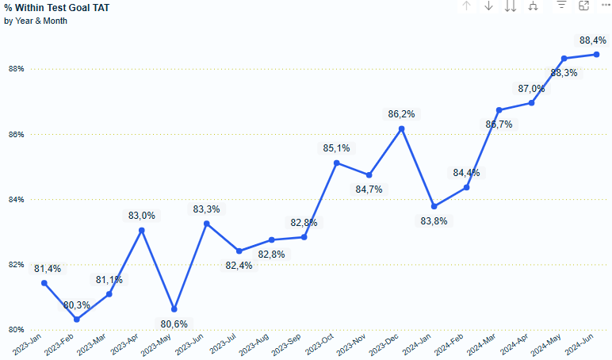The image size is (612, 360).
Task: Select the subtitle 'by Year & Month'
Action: (x=36, y=21)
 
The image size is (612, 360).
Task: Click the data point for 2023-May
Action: (x=174, y=309)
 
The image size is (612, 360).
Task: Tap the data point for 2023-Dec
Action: (x=402, y=128)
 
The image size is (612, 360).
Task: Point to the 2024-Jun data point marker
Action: (x=596, y=55)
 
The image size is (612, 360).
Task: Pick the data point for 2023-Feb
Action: (x=77, y=320)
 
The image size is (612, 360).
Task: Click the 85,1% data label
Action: (x=337, y=147)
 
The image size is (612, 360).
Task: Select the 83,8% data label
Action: (x=434, y=221)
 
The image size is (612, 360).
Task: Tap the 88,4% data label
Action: (x=593, y=40)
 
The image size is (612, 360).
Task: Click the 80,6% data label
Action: (x=174, y=324)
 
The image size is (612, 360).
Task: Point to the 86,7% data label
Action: (x=499, y=124)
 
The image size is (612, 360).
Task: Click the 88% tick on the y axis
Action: (x=17, y=69)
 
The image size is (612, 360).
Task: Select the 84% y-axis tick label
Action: (x=17, y=199)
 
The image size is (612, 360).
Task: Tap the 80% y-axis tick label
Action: (x=17, y=329)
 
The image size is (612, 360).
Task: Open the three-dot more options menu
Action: (x=605, y=6)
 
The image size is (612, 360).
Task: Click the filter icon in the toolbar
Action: (x=561, y=6)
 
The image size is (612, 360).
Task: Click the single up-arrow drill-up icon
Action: (x=467, y=6)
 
